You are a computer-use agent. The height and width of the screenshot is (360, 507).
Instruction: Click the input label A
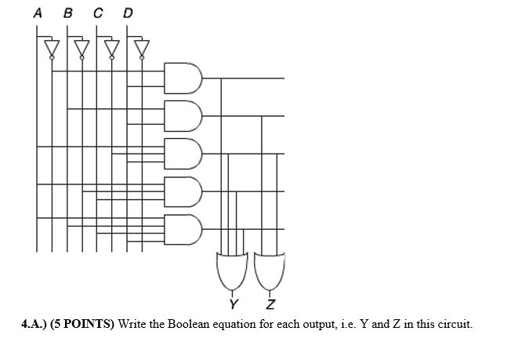click(38, 13)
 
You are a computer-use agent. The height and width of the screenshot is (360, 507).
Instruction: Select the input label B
click(67, 13)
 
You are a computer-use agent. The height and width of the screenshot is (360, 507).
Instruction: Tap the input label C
click(97, 13)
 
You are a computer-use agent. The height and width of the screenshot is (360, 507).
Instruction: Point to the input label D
click(128, 13)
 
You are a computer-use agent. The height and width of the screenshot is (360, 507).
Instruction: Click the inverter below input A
click(52, 49)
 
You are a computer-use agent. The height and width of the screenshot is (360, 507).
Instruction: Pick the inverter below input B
click(81, 49)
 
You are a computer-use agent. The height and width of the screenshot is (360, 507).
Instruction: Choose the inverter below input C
click(111, 49)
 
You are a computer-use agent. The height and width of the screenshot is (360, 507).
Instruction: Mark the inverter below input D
click(142, 49)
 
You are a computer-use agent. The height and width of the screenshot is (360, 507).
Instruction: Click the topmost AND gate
click(183, 78)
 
